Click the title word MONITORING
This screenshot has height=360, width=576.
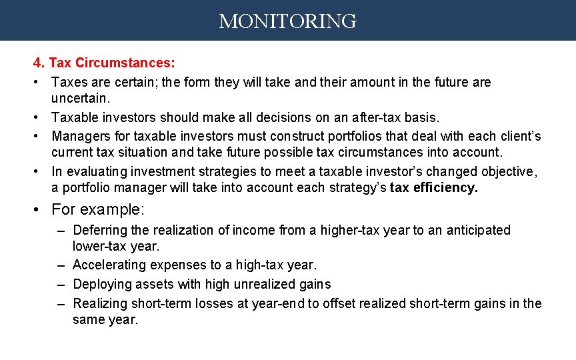(x=287, y=21)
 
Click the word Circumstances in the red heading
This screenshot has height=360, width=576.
(x=125, y=63)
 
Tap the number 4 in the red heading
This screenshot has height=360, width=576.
(x=38, y=63)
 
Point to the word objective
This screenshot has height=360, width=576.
(x=506, y=171)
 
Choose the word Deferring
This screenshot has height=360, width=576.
(x=101, y=230)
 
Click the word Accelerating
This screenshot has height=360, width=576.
(x=109, y=265)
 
